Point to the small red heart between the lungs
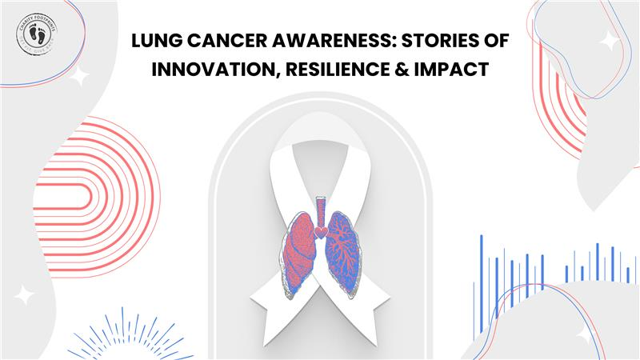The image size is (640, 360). click(321, 232)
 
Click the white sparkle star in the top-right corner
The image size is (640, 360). click(610, 42)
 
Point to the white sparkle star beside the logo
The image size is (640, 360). click(79, 76)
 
